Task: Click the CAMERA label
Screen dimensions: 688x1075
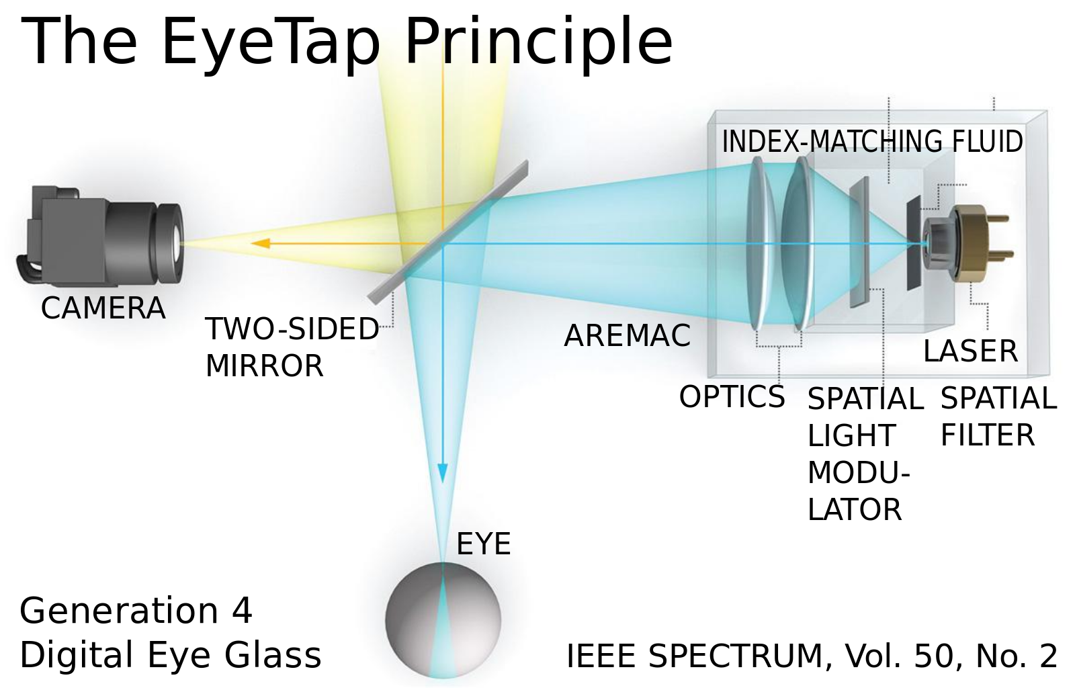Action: click(x=103, y=308)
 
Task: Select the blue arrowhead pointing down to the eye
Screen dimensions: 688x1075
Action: click(x=442, y=472)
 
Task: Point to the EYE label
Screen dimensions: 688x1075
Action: click(x=483, y=544)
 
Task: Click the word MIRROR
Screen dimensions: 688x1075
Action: click(x=264, y=366)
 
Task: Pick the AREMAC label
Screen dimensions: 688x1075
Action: click(x=627, y=336)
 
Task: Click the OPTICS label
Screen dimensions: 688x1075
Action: click(x=732, y=397)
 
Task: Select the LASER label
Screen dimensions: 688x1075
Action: click(x=970, y=351)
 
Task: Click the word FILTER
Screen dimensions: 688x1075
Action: click(x=987, y=435)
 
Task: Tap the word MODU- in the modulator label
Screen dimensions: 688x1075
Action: click(x=858, y=473)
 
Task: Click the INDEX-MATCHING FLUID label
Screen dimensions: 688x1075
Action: click(x=872, y=142)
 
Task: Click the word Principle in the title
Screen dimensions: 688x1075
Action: click(x=538, y=42)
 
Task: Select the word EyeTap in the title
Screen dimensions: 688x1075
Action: click(x=271, y=42)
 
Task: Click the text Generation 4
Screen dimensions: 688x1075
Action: click(x=136, y=611)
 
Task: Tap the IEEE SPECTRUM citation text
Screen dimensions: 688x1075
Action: click(x=812, y=656)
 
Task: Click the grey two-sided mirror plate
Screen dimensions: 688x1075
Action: click(x=449, y=231)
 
